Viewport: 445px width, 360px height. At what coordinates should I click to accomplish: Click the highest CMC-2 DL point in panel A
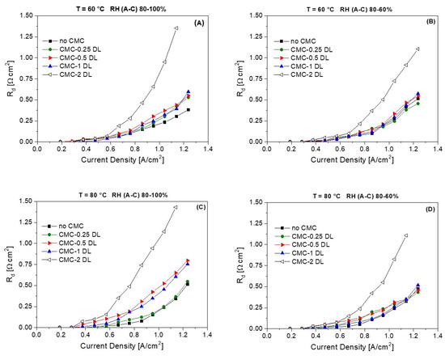176,28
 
